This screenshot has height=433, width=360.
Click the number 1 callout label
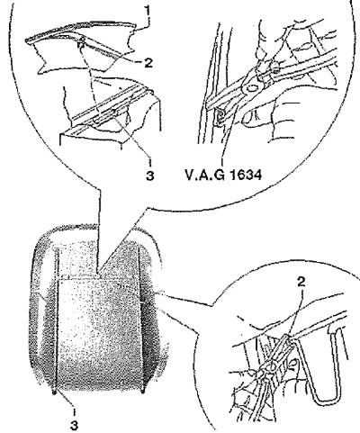[147, 13]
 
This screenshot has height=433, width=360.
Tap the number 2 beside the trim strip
[148, 63]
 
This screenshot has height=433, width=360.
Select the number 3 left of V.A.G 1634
[149, 176]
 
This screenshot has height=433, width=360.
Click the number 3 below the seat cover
[74, 425]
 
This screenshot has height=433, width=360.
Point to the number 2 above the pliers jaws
[301, 281]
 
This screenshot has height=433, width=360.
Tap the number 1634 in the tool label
[245, 175]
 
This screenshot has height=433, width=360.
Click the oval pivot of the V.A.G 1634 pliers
[251, 88]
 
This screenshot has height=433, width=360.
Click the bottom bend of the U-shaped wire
[326, 401]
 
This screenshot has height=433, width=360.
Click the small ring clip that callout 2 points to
[80, 44]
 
